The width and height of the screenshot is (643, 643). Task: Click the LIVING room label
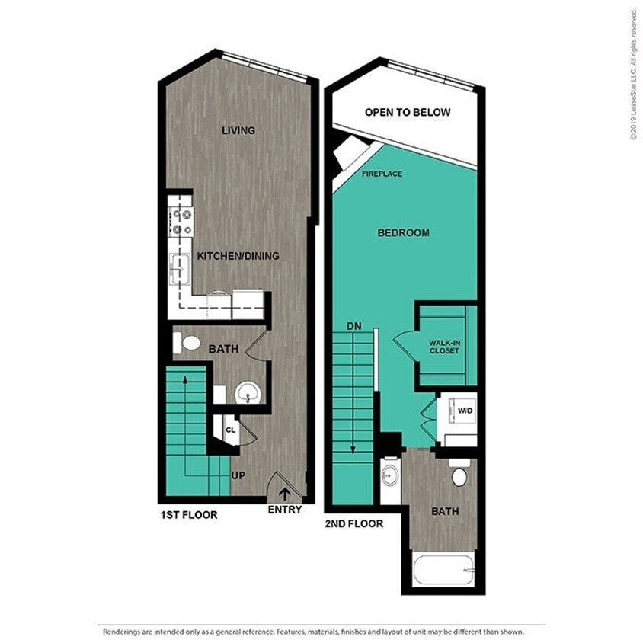click(238, 130)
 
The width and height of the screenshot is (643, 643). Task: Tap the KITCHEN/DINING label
click(238, 256)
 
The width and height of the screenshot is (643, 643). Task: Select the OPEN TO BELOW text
click(408, 112)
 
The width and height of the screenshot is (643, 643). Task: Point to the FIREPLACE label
click(382, 174)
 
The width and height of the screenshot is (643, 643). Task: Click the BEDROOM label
click(403, 232)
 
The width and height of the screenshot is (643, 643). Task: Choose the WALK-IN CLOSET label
click(445, 347)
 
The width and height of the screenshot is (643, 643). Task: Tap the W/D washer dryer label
click(463, 411)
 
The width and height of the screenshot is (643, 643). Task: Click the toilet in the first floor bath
click(184, 344)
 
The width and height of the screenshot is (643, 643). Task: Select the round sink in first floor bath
click(248, 394)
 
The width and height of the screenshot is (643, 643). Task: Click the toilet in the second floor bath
click(460, 476)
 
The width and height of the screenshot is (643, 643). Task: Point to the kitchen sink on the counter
click(180, 267)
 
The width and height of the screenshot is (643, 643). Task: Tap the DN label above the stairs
click(354, 326)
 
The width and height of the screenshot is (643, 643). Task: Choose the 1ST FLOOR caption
click(189, 515)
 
